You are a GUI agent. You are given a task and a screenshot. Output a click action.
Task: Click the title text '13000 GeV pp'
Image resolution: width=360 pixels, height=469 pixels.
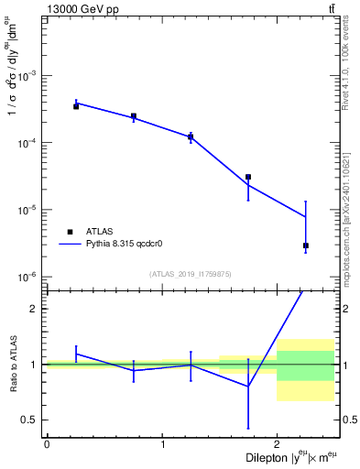click(x=77, y=9)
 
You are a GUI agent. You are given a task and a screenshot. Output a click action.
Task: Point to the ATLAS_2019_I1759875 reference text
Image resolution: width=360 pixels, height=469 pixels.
click(x=191, y=274)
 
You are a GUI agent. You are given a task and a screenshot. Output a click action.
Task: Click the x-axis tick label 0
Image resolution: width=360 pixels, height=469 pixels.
click(x=47, y=444)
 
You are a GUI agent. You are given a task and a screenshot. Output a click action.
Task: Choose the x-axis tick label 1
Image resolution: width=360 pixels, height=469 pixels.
click(x=162, y=444)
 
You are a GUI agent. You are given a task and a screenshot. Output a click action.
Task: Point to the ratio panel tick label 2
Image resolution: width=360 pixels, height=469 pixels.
click(x=37, y=309)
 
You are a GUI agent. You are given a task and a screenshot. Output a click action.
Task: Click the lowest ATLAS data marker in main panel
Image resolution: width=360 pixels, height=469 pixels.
click(x=306, y=245)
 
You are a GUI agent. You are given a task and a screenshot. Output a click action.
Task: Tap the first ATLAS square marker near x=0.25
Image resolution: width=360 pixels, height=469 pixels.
click(x=76, y=106)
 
